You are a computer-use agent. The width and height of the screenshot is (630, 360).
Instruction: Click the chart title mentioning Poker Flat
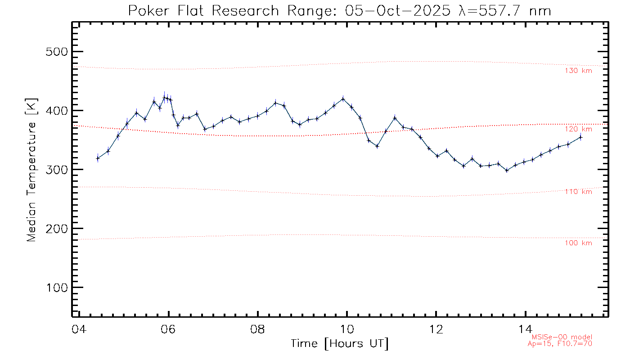tap(340, 10)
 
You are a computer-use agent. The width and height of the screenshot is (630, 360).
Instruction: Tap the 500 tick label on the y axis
tap(57, 52)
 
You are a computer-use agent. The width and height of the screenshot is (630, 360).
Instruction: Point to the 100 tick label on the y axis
tap(57, 288)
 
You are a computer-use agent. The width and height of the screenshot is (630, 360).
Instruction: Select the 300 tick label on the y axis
tap(57, 170)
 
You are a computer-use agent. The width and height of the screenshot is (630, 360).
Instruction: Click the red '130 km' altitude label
tap(578, 71)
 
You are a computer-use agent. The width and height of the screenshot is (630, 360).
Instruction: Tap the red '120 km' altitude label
tap(578, 129)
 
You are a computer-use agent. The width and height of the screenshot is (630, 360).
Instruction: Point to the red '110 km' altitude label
tap(578, 192)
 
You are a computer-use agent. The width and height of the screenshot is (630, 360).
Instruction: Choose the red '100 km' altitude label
tap(578, 243)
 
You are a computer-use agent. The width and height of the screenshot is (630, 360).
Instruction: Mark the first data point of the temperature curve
tap(98, 158)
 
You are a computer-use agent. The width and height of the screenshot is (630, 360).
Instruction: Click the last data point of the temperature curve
tap(580, 137)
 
